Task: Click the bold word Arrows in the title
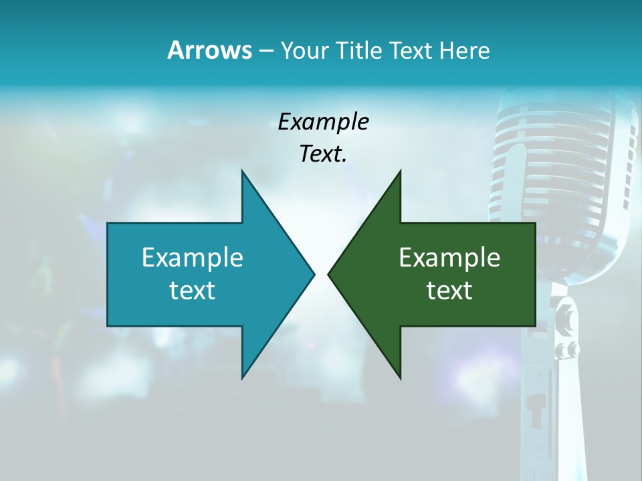209,50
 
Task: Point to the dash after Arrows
265,51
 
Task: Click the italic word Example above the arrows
323,122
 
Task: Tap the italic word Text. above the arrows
323,154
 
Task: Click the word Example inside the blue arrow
193,257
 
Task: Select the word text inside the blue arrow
193,290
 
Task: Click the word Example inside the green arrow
449,257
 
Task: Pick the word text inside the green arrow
449,290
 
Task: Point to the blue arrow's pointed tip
314,274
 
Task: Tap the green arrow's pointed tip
328,274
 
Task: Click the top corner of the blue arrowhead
242,171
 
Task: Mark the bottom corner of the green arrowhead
400,378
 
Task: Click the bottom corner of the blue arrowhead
242,378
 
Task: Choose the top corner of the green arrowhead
400,171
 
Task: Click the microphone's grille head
562,167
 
